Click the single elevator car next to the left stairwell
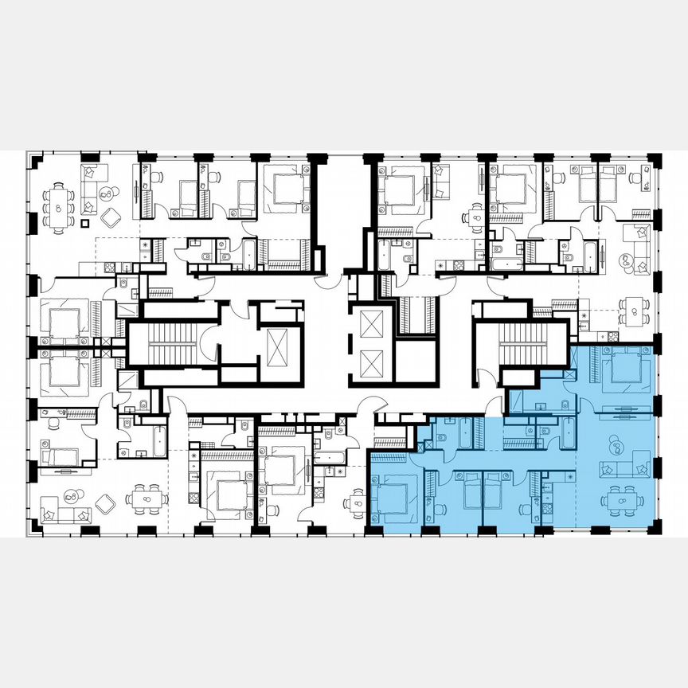(x=278, y=345)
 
